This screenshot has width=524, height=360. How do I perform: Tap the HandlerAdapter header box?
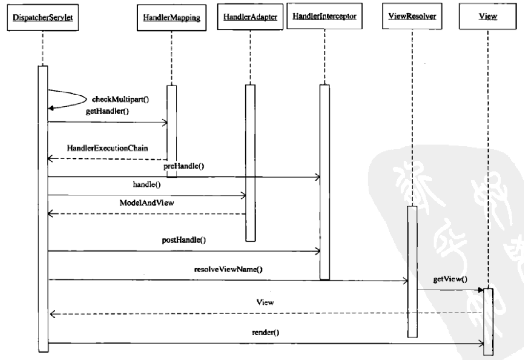(250, 17)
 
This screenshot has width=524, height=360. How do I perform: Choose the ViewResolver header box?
(412, 17)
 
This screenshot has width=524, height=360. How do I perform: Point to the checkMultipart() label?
(120, 100)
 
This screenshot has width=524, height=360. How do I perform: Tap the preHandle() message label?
(183, 167)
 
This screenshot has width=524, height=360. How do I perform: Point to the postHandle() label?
(184, 240)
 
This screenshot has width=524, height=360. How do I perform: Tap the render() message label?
(266, 334)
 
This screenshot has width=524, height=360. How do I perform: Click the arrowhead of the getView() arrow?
(481, 290)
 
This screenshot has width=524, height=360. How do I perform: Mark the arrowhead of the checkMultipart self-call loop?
(50, 108)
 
